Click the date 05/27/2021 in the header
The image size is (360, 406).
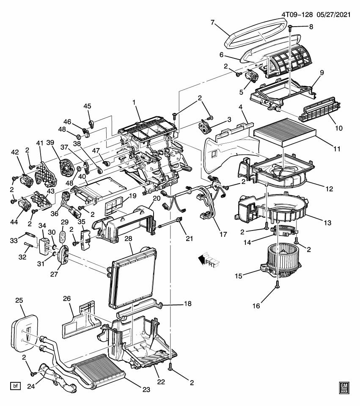tap(334, 14)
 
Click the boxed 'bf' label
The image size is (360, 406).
tap(16, 386)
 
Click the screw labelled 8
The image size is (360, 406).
tap(290, 27)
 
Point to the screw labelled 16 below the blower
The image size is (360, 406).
tap(277, 285)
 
